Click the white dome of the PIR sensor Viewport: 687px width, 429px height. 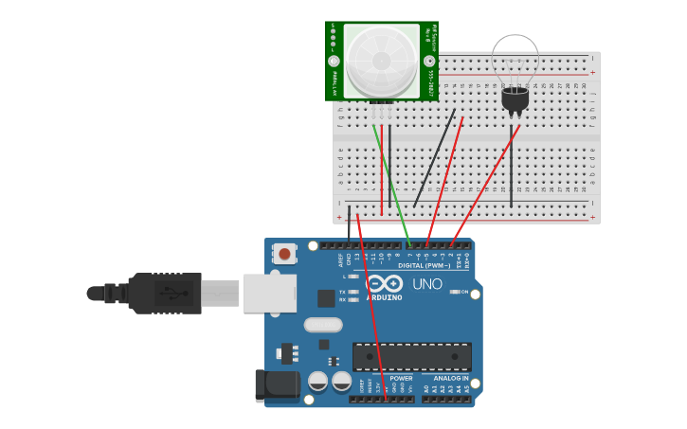pos(381,60)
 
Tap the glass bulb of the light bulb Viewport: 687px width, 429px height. pos(515,59)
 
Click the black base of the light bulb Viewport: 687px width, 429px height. pos(515,98)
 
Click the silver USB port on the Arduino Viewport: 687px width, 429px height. pos(269,294)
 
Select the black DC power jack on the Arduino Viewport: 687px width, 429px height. pos(277,384)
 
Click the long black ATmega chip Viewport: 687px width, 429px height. pos(411,357)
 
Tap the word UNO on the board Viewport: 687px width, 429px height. pos(426,284)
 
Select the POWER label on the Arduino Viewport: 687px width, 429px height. pos(401,378)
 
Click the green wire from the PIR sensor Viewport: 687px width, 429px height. pos(391,185)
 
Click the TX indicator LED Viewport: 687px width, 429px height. pos(353,292)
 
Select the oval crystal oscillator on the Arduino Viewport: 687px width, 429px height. pos(323,325)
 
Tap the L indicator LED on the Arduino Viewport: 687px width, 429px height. pos(353,277)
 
